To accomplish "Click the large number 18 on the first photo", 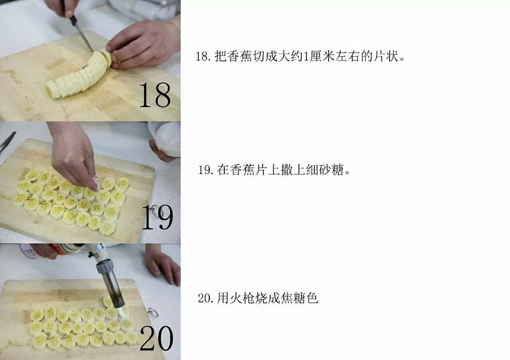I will point(154,95).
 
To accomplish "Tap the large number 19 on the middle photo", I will point(157,217).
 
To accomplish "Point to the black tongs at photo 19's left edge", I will point(7,142).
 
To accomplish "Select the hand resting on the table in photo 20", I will point(163,265).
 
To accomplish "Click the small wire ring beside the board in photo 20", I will point(151,313).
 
